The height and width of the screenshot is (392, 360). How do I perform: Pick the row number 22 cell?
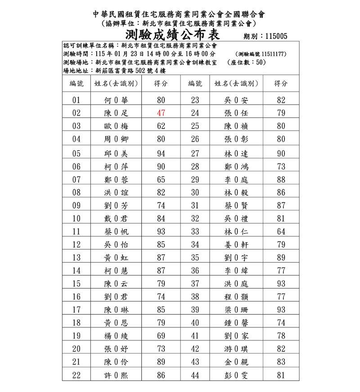(76, 376)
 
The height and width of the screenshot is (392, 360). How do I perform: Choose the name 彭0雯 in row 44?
(236, 376)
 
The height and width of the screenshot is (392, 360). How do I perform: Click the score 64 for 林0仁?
(281, 232)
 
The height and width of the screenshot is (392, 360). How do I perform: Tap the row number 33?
(195, 232)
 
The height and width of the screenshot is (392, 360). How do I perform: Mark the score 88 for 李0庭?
(281, 180)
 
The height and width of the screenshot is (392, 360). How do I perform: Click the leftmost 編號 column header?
(76, 84)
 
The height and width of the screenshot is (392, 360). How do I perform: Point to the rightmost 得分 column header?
(281, 84)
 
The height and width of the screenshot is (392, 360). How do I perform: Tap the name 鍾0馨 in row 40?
(236, 323)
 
